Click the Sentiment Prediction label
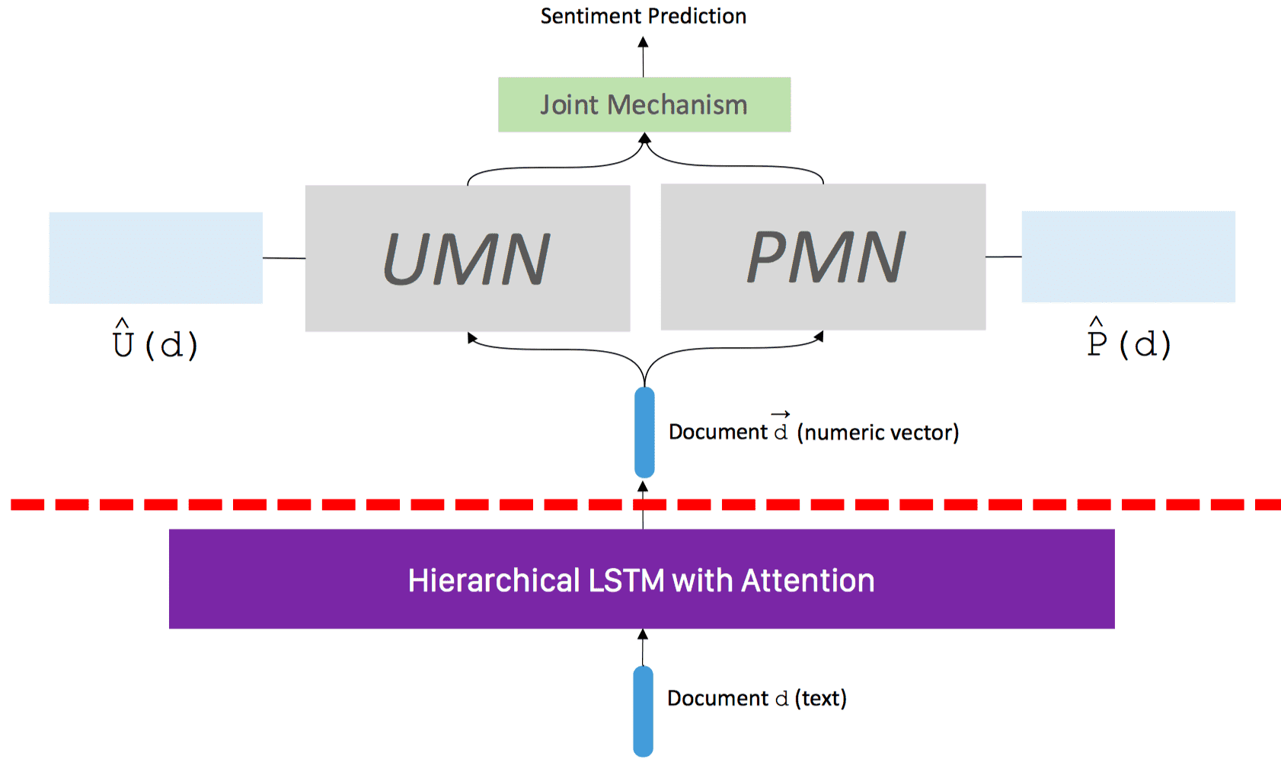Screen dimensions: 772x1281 [643, 16]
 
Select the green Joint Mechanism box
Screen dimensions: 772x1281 [644, 104]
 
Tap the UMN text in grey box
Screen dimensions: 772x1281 [466, 260]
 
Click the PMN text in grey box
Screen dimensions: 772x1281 [826, 257]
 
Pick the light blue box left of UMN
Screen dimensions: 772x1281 [155, 257]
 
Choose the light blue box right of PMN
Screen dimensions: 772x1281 [1128, 257]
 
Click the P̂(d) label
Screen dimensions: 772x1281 [1129, 340]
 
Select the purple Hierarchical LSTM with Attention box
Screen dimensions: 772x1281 [641, 579]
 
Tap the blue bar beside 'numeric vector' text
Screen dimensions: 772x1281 [644, 432]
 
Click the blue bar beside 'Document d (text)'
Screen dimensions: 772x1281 [643, 710]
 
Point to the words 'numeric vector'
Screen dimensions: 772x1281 [877, 432]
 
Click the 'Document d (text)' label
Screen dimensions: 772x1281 [756, 698]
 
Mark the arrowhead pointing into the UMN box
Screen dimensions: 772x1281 [471, 337]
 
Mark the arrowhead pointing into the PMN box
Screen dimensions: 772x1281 [819, 336]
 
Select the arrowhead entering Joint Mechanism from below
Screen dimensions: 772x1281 [644, 139]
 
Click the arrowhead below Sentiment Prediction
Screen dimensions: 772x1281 [643, 43]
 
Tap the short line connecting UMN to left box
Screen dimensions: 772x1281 [284, 258]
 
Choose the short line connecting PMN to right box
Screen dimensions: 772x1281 [1003, 257]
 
